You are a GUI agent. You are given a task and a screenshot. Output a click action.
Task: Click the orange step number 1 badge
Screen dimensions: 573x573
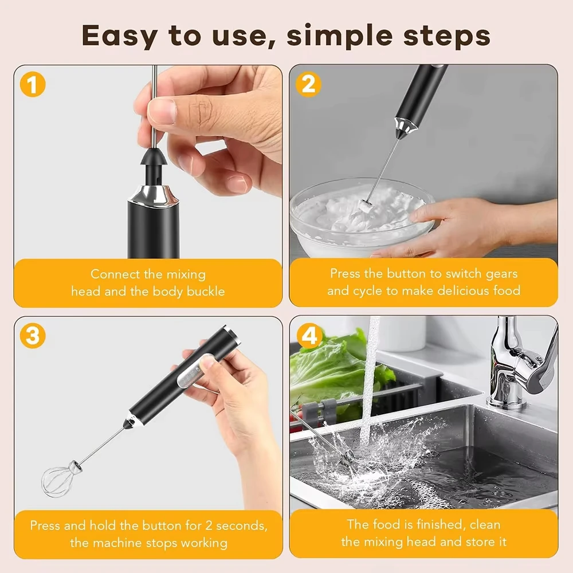[33, 84]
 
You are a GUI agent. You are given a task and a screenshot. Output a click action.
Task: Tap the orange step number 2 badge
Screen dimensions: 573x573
[308, 84]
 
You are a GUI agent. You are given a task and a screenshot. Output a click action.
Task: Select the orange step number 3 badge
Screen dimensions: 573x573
[33, 335]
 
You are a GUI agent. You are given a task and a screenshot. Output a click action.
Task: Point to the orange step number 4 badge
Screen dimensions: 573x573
[309, 335]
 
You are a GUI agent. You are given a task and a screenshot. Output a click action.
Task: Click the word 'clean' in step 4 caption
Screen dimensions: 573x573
[485, 524]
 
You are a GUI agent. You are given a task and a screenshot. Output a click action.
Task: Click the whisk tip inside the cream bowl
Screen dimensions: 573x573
[366, 206]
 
